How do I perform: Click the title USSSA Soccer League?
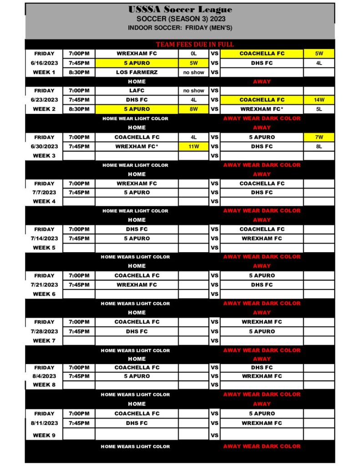click(180, 10)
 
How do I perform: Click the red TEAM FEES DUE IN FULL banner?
click(195, 45)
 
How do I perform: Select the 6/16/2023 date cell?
click(44, 63)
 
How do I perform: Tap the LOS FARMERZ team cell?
click(137, 72)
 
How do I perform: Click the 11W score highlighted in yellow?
click(194, 147)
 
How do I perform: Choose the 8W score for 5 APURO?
click(194, 109)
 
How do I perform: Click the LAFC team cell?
click(137, 91)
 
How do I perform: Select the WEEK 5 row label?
click(44, 248)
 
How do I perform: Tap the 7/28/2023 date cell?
click(44, 331)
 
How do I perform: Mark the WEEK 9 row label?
click(44, 435)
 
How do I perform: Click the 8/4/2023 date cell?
click(44, 376)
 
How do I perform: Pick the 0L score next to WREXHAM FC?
click(194, 54)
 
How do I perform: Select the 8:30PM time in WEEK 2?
click(79, 109)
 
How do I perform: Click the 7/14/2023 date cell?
click(44, 238)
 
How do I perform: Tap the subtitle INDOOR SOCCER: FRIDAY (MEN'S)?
click(180, 28)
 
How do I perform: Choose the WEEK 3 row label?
click(44, 156)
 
